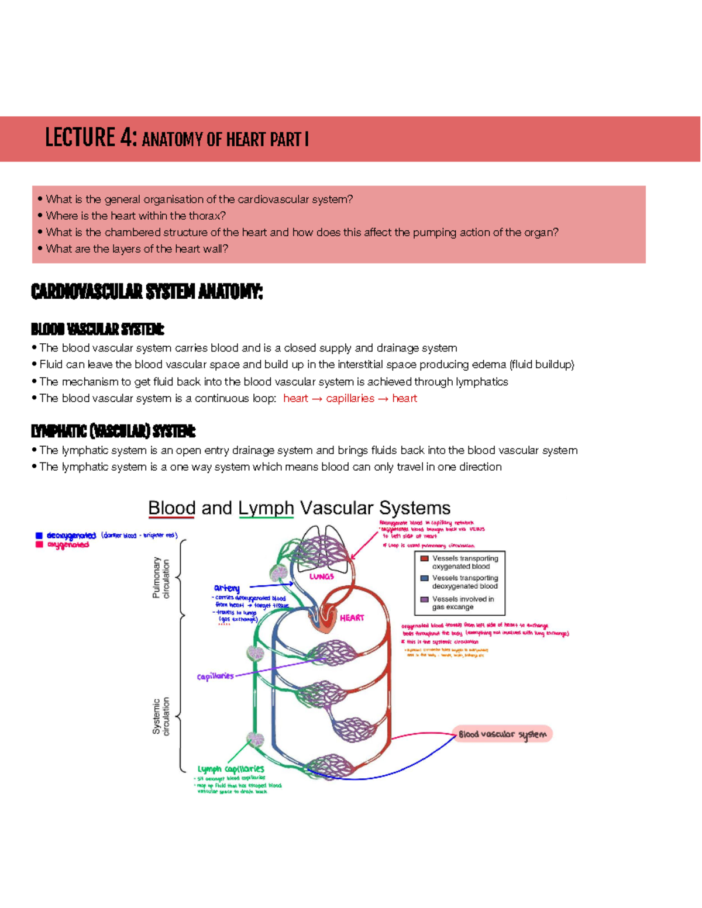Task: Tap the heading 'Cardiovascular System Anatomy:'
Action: tap(147, 291)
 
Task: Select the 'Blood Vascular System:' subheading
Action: tap(97, 329)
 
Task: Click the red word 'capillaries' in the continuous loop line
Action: tap(350, 399)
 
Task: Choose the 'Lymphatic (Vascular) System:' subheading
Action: tap(113, 431)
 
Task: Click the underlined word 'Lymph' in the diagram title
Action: tap(266, 507)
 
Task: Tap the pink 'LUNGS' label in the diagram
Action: tap(321, 576)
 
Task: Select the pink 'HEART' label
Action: tap(352, 617)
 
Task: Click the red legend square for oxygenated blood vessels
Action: tap(425, 558)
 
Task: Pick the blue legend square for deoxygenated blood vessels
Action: tap(425, 578)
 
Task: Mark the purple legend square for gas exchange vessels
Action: tap(425, 599)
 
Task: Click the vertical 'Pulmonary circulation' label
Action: tap(161, 578)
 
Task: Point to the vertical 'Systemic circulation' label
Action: tap(161, 716)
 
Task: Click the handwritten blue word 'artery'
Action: tap(226, 588)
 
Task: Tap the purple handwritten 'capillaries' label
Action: tap(215, 676)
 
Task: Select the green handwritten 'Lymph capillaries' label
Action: tap(230, 769)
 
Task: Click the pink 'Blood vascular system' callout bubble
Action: tap(503, 734)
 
